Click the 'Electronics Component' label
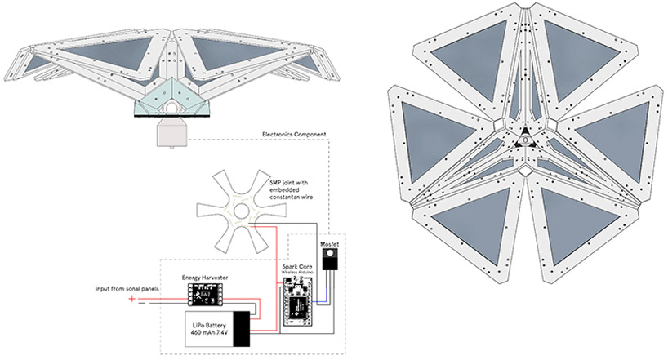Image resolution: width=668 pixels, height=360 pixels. [x=295, y=134]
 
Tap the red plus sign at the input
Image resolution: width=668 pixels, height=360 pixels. [x=131, y=298]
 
